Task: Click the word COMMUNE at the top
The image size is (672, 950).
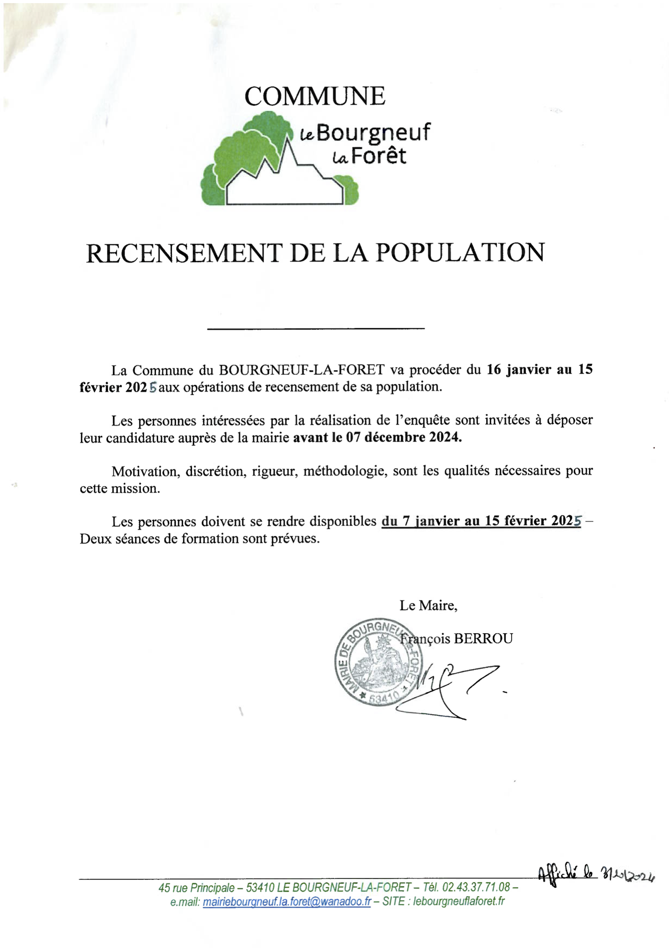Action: point(315,96)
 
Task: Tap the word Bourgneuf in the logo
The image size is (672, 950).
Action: point(373,132)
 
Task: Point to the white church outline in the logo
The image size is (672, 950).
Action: point(284,187)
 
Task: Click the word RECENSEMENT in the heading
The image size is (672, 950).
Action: point(184,253)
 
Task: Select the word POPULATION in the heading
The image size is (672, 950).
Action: point(460,253)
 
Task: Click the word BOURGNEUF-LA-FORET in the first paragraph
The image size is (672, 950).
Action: point(302,370)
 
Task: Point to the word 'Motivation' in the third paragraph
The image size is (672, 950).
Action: point(146,471)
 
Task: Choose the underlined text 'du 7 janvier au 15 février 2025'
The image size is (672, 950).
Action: point(481,521)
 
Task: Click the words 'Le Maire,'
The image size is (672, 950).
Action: point(428,605)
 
